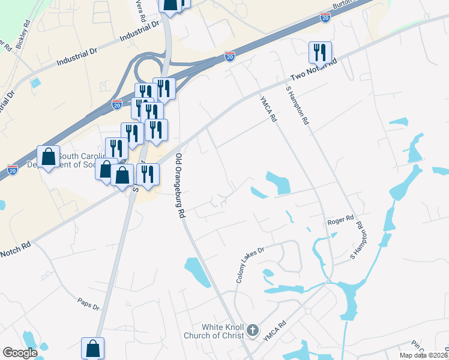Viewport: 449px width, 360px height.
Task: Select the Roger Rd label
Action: coord(340,221)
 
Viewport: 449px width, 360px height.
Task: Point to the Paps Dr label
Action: coord(87,304)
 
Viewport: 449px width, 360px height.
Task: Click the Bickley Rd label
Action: coord(23,36)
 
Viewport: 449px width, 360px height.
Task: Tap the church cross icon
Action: coord(253,330)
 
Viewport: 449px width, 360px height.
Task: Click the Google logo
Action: coord(20,352)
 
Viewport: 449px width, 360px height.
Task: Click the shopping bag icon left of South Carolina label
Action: coord(49,157)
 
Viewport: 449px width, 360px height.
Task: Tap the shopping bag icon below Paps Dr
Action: coord(93,348)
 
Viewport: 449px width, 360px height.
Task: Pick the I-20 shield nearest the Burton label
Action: coord(325,18)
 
